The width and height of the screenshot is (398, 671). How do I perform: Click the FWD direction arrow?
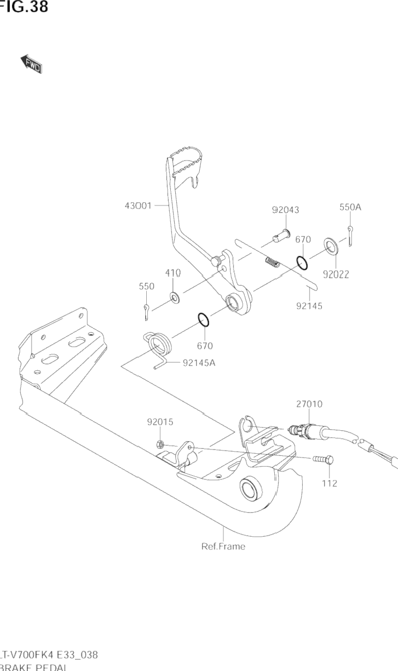32,64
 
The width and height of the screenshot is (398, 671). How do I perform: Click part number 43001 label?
138,205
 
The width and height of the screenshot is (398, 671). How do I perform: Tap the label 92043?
285,210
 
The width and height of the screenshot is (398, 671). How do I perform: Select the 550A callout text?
350,207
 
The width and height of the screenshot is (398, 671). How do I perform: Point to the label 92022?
336,274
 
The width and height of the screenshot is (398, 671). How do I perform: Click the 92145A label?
199,362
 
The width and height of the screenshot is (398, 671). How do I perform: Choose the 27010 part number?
309,404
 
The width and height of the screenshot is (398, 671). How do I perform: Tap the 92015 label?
160,422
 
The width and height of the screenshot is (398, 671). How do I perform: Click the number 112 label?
329,483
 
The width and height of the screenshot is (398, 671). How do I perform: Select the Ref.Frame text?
223,546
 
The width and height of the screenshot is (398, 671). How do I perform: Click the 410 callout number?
172,273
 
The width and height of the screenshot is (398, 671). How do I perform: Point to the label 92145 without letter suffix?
309,306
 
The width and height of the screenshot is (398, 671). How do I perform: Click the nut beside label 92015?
160,444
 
